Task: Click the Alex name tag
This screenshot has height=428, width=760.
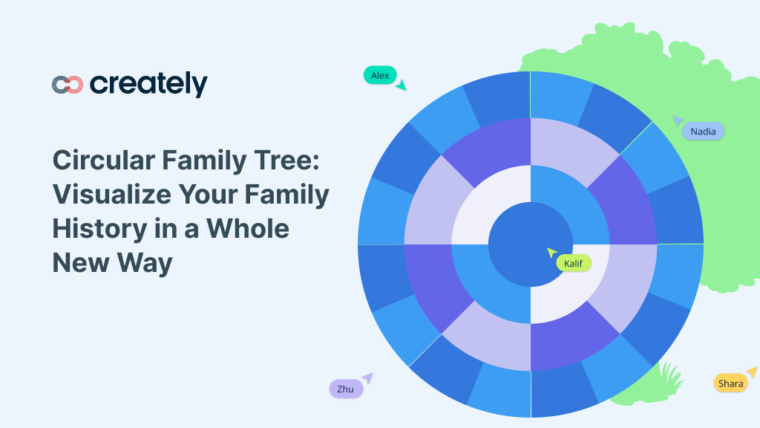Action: point(380,75)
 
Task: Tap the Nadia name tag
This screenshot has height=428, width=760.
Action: point(703,132)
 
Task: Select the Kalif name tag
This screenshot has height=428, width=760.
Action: point(573,263)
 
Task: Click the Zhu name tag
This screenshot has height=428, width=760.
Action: point(345,389)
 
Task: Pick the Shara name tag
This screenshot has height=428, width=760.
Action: point(730,383)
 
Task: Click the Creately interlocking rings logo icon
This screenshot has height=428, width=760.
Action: point(68,85)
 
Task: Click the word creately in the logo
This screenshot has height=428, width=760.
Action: point(148,85)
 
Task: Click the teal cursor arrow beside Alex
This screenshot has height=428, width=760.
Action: point(401,85)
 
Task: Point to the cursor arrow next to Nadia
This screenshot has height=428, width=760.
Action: point(678,120)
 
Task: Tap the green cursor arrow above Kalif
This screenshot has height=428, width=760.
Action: point(551,253)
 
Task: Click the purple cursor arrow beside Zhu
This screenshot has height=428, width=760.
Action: point(367,378)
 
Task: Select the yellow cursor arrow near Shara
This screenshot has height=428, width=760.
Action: point(752,372)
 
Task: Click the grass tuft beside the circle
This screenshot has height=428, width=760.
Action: point(669,375)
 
